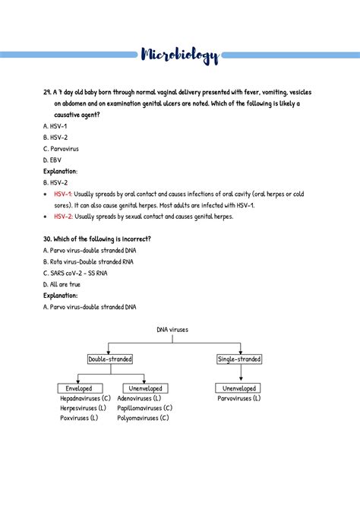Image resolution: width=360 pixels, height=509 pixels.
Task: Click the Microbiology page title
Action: (x=180, y=55)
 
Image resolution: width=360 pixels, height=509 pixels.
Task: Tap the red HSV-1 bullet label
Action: (x=63, y=194)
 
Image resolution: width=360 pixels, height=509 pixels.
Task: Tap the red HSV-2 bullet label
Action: (x=64, y=217)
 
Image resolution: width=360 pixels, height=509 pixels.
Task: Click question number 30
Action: (x=49, y=239)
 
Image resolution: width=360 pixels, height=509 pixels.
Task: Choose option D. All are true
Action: (x=62, y=284)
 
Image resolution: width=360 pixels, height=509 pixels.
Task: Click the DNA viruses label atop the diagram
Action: (x=172, y=330)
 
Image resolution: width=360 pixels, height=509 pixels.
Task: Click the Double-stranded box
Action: (x=110, y=359)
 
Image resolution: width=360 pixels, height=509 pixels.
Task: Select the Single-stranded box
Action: (x=239, y=359)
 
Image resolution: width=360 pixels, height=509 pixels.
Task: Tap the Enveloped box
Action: (x=79, y=388)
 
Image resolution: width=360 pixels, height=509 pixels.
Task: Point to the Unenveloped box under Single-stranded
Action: (x=239, y=388)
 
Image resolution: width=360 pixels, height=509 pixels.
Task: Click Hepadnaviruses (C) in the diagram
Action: (x=85, y=398)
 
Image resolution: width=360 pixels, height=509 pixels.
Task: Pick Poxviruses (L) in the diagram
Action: (x=79, y=417)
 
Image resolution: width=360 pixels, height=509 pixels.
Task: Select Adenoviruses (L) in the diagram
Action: (x=139, y=398)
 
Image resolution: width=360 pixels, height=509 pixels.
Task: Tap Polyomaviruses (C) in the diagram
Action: (x=144, y=417)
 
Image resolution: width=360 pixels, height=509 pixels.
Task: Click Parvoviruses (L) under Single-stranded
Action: (x=239, y=398)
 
